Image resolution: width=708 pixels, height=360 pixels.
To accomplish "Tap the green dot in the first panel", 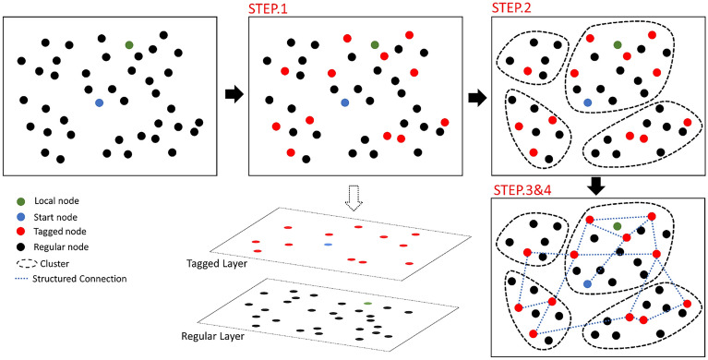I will coord(129,44).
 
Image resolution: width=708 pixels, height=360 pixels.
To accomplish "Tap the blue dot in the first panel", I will coord(99,102).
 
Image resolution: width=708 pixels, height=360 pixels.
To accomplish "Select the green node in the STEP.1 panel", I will coord(374,44).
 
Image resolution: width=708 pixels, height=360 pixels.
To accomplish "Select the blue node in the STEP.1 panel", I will coord(344,102).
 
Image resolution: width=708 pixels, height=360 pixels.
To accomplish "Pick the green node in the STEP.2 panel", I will coord(617,44).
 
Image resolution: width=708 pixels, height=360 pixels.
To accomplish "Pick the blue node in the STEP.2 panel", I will coord(587,102).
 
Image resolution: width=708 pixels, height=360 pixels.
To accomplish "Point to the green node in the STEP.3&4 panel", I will coord(617,226).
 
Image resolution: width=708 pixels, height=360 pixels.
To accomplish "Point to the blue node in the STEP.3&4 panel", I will coord(587,282).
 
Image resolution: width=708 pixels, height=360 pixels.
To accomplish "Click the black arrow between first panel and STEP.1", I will coord(234,94).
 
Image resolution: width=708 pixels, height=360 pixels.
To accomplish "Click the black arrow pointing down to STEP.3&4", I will coord(596,185).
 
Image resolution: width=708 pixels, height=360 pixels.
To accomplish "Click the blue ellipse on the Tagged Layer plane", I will coord(328,246).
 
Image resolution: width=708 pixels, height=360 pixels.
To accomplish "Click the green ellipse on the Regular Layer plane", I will coord(368,303).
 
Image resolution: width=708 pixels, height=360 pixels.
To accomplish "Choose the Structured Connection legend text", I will coord(78,278).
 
